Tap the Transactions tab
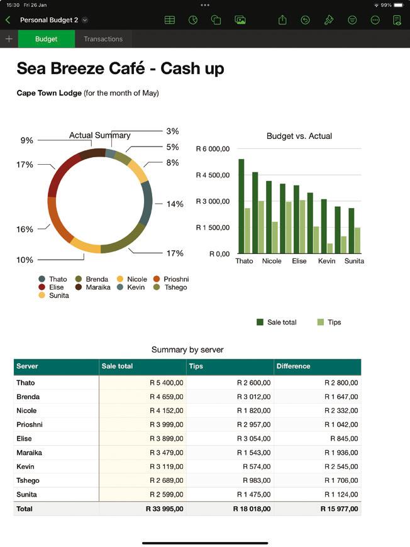[x=103, y=39]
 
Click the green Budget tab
[x=46, y=39]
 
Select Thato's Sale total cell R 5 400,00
[x=166, y=382]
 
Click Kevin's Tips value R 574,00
[x=258, y=467]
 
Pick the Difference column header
[x=293, y=366]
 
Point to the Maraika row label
[x=30, y=453]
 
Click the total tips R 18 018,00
[x=252, y=509]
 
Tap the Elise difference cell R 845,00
[x=344, y=439]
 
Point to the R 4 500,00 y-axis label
[x=213, y=175]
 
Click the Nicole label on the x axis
[x=272, y=261]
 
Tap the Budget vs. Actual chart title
[x=299, y=136]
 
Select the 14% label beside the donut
[x=175, y=204]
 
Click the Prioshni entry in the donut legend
[x=175, y=279]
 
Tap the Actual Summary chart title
[x=99, y=135]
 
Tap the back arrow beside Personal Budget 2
[x=8, y=20]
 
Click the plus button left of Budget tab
[x=9, y=39]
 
